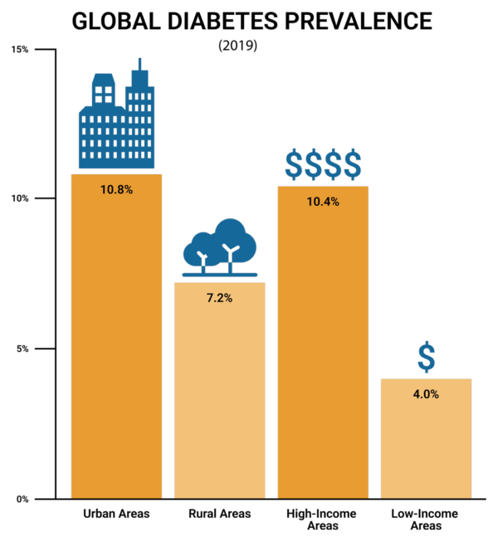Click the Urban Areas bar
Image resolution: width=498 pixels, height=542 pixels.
pyautogui.click(x=116, y=349)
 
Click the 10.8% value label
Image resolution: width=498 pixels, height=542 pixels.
pyautogui.click(x=116, y=189)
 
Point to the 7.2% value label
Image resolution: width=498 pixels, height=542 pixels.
pyautogui.click(x=219, y=298)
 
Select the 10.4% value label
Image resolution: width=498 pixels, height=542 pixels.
pyautogui.click(x=323, y=202)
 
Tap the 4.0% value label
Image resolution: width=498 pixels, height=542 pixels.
pyautogui.click(x=426, y=394)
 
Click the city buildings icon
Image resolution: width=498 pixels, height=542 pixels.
pyautogui.click(x=117, y=116)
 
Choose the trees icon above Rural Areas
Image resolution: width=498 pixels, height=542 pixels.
pyautogui.click(x=220, y=247)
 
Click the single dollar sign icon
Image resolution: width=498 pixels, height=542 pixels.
pyautogui.click(x=426, y=357)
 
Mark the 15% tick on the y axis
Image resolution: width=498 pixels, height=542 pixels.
pyautogui.click(x=21, y=49)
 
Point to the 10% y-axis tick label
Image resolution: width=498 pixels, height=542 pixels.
pyautogui.click(x=21, y=198)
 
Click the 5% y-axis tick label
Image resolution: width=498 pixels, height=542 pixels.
pyautogui.click(x=22, y=349)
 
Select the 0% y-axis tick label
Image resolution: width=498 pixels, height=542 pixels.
pyautogui.click(x=22, y=499)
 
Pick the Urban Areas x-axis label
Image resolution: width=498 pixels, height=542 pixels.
pyautogui.click(x=116, y=515)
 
